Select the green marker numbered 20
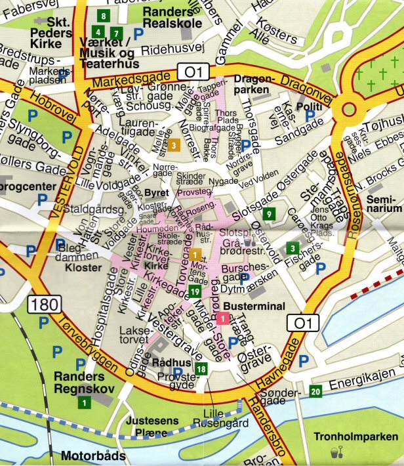(x=316, y=392)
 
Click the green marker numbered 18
(x=201, y=370)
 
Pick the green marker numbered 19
(x=194, y=291)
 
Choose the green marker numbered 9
(x=268, y=213)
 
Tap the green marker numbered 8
(x=104, y=15)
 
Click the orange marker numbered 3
(x=174, y=145)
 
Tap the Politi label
(x=308, y=106)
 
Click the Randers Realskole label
(x=172, y=18)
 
